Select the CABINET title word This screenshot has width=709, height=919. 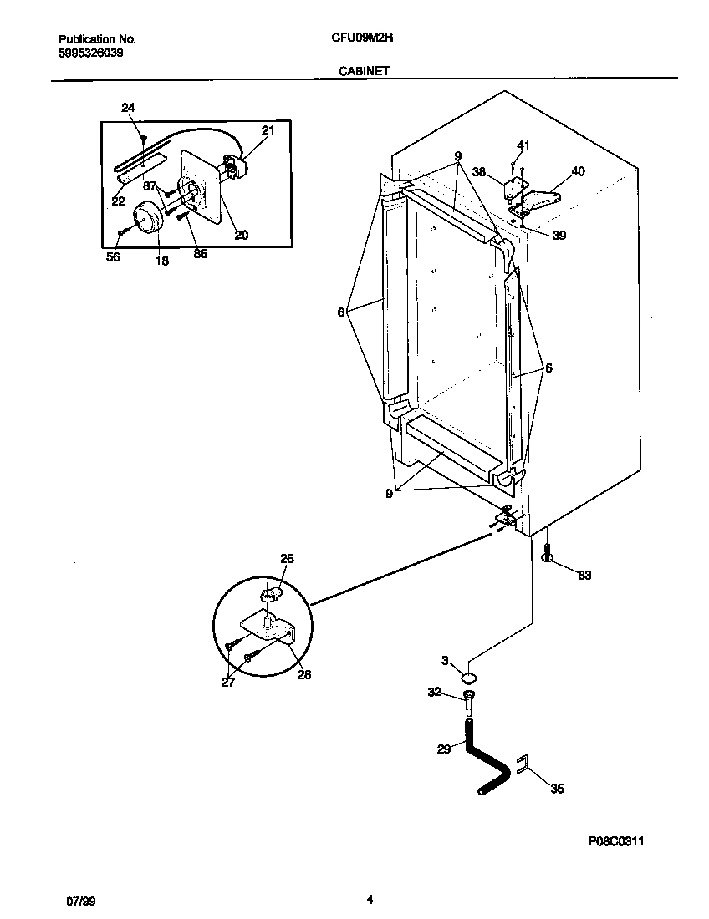click(364, 72)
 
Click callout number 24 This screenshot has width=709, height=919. click(127, 108)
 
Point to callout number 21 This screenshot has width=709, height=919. click(268, 130)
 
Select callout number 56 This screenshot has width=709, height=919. click(113, 257)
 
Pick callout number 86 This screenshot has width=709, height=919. click(200, 254)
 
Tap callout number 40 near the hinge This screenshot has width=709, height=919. click(578, 171)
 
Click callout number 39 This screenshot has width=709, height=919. click(559, 236)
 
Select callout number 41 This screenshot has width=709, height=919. click(523, 145)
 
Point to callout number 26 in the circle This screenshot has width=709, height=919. click(287, 558)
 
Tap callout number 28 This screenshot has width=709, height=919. click(304, 675)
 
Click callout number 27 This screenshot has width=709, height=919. click(228, 683)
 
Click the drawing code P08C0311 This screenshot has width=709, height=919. click(615, 841)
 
